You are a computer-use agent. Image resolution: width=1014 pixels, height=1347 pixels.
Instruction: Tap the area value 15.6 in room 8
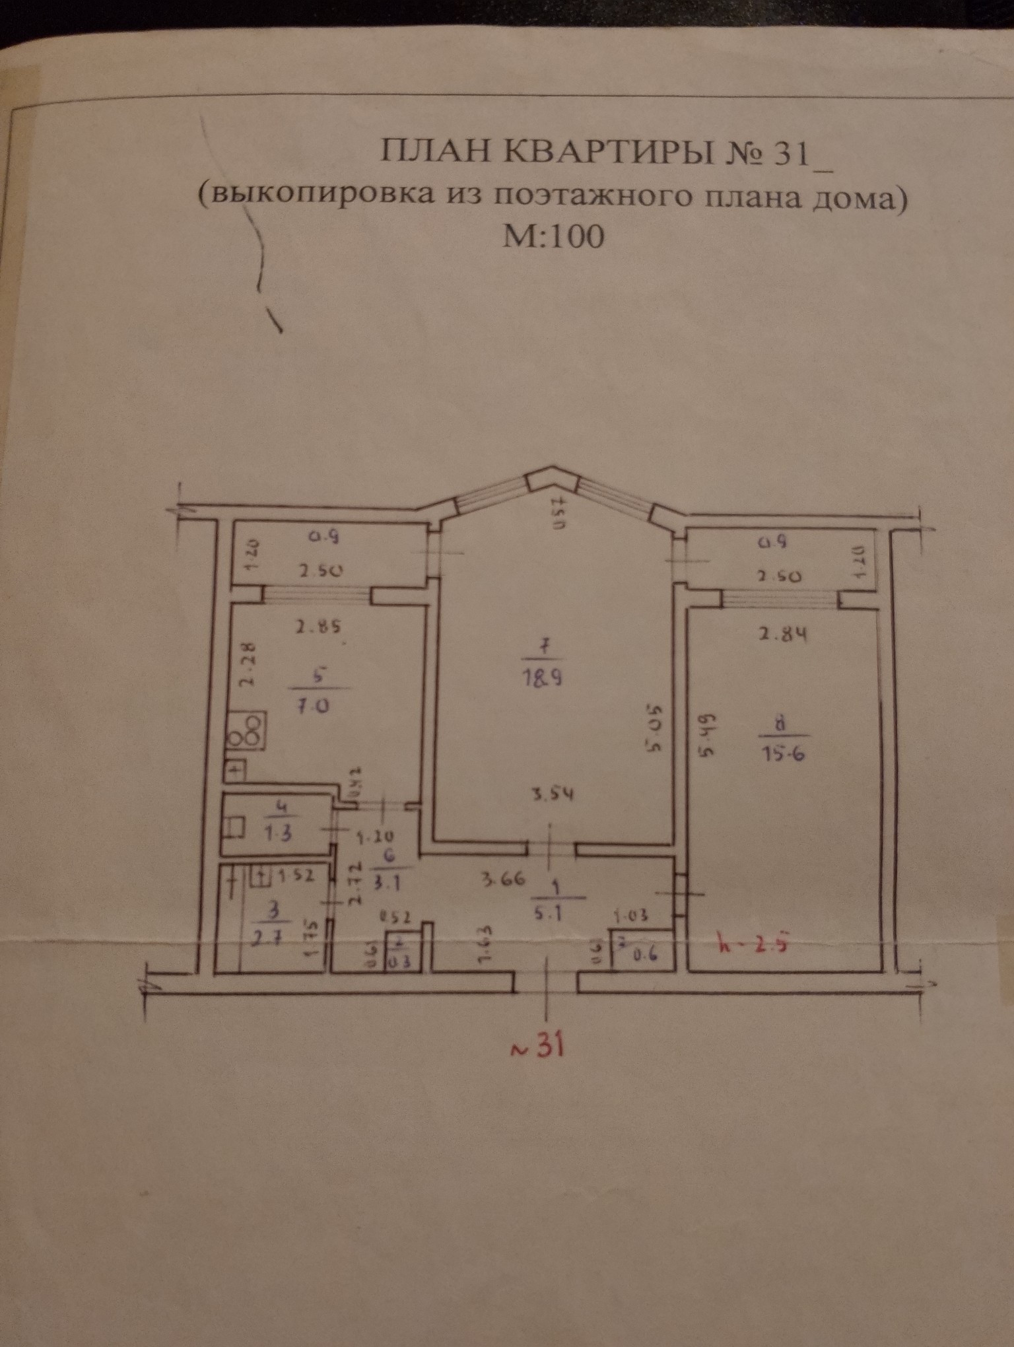point(785,755)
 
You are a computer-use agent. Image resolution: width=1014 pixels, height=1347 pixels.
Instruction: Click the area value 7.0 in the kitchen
point(316,705)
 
